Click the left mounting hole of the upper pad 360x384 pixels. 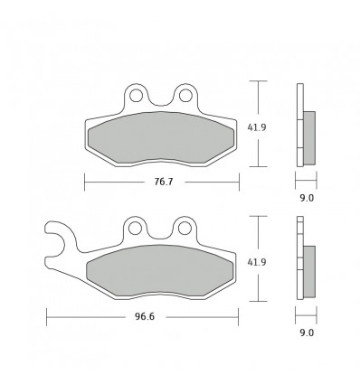click(x=136, y=93)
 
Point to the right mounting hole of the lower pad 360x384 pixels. click(x=186, y=228)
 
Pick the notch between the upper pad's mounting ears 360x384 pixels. click(x=161, y=100)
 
